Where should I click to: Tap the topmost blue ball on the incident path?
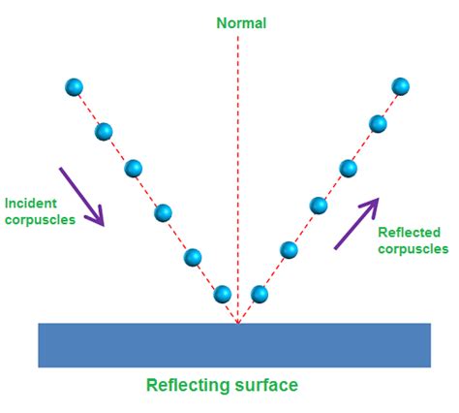(x=74, y=87)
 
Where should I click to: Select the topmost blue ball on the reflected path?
(x=401, y=87)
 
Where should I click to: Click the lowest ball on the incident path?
(x=222, y=293)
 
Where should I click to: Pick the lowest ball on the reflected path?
(x=259, y=293)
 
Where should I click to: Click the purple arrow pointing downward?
(x=81, y=197)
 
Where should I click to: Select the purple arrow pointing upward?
(x=356, y=222)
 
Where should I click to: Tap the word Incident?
(x=31, y=204)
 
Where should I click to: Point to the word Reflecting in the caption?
(x=190, y=385)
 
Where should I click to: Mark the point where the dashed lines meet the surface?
(x=236, y=322)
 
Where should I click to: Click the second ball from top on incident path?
(x=104, y=130)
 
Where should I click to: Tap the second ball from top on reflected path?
(x=378, y=123)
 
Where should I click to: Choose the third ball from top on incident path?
(x=134, y=169)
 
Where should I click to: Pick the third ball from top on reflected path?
(x=348, y=168)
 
